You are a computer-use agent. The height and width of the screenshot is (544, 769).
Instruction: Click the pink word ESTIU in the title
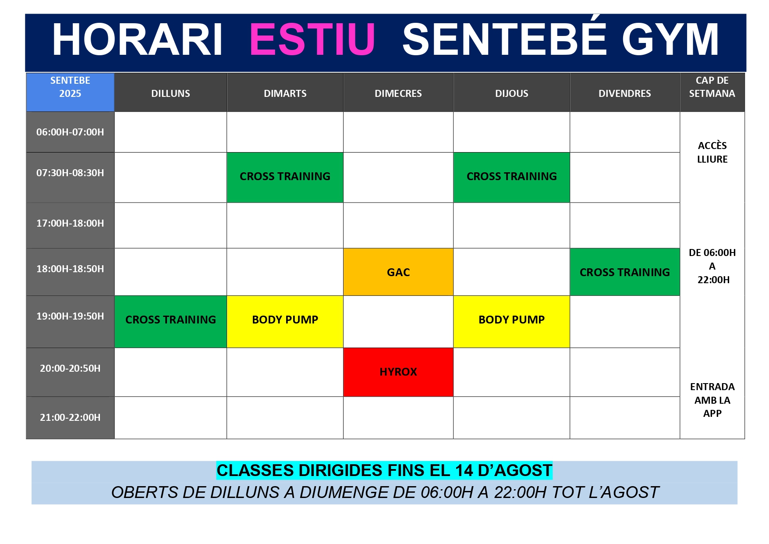(x=312, y=39)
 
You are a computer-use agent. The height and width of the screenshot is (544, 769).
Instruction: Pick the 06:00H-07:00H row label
(x=70, y=132)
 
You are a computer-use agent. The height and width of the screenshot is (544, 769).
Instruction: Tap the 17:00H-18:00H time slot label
(x=70, y=223)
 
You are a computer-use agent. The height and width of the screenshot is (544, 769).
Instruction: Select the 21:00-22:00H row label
(x=70, y=417)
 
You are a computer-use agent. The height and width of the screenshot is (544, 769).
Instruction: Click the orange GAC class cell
(x=398, y=272)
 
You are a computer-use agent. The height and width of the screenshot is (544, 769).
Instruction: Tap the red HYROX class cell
(x=398, y=372)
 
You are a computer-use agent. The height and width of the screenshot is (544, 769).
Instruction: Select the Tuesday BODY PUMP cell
(x=285, y=321)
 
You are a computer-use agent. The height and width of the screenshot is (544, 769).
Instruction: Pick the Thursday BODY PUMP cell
(x=511, y=321)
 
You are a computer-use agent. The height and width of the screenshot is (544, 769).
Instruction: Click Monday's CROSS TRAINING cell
(x=170, y=321)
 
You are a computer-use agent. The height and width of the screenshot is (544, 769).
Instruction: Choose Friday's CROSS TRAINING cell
(x=625, y=272)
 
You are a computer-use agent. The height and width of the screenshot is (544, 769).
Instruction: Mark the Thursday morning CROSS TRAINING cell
(x=511, y=177)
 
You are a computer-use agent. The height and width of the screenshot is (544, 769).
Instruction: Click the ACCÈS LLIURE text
(x=712, y=152)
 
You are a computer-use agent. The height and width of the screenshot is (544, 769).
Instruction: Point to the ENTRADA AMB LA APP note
(x=712, y=400)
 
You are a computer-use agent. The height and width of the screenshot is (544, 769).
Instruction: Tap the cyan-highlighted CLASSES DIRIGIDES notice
(x=384, y=470)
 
